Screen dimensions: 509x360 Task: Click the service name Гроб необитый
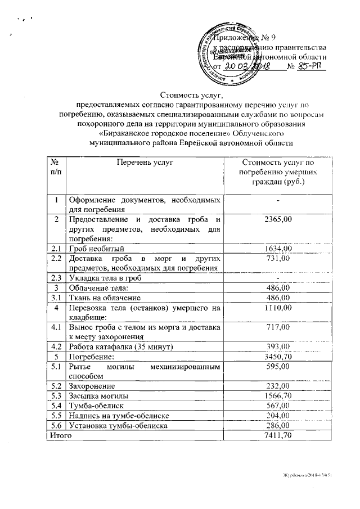tap(100, 247)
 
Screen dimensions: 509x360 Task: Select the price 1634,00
tap(277, 247)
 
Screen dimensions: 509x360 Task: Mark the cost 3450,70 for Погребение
tap(277, 356)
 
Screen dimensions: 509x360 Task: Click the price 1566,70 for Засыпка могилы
tap(277, 395)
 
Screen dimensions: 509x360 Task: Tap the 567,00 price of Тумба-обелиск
tap(277, 406)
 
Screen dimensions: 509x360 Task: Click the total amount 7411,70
tap(277, 435)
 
